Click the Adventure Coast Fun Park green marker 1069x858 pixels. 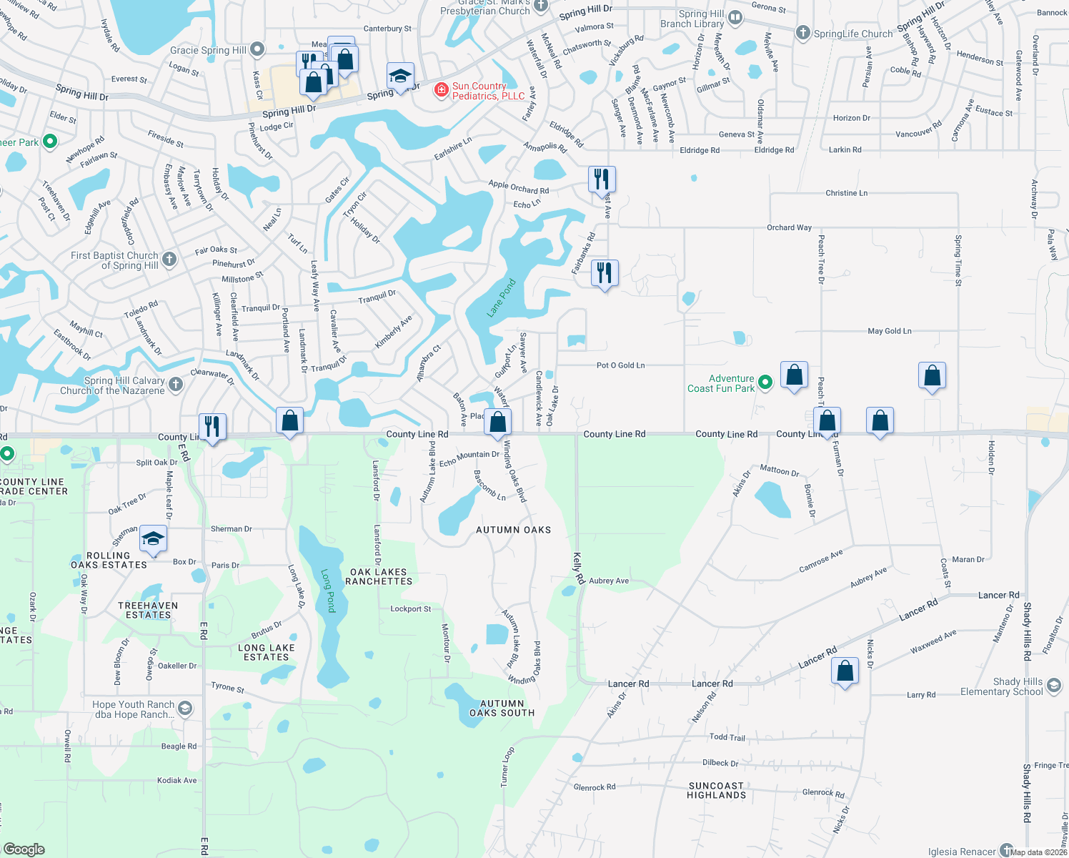coord(765,383)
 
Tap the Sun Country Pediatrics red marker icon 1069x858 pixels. coord(442,90)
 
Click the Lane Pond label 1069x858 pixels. coord(501,298)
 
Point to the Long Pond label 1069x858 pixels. coord(328,591)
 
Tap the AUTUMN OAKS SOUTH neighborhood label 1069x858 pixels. coord(502,709)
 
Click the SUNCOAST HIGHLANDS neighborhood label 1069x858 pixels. coord(717,790)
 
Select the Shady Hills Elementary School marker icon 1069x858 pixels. coord(1054,686)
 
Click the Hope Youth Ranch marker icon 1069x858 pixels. coord(184,709)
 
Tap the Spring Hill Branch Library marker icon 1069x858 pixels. coord(735,18)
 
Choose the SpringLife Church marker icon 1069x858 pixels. coord(803,33)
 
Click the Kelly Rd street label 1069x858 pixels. coord(579,567)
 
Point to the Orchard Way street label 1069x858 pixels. coord(789,227)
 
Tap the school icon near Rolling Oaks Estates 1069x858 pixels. coord(153,538)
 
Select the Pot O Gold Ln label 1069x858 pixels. coord(620,365)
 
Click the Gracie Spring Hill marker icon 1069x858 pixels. coord(257,49)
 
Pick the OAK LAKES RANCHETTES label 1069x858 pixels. coord(379,577)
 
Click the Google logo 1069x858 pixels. coord(24,849)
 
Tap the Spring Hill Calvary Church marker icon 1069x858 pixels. coord(176,385)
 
